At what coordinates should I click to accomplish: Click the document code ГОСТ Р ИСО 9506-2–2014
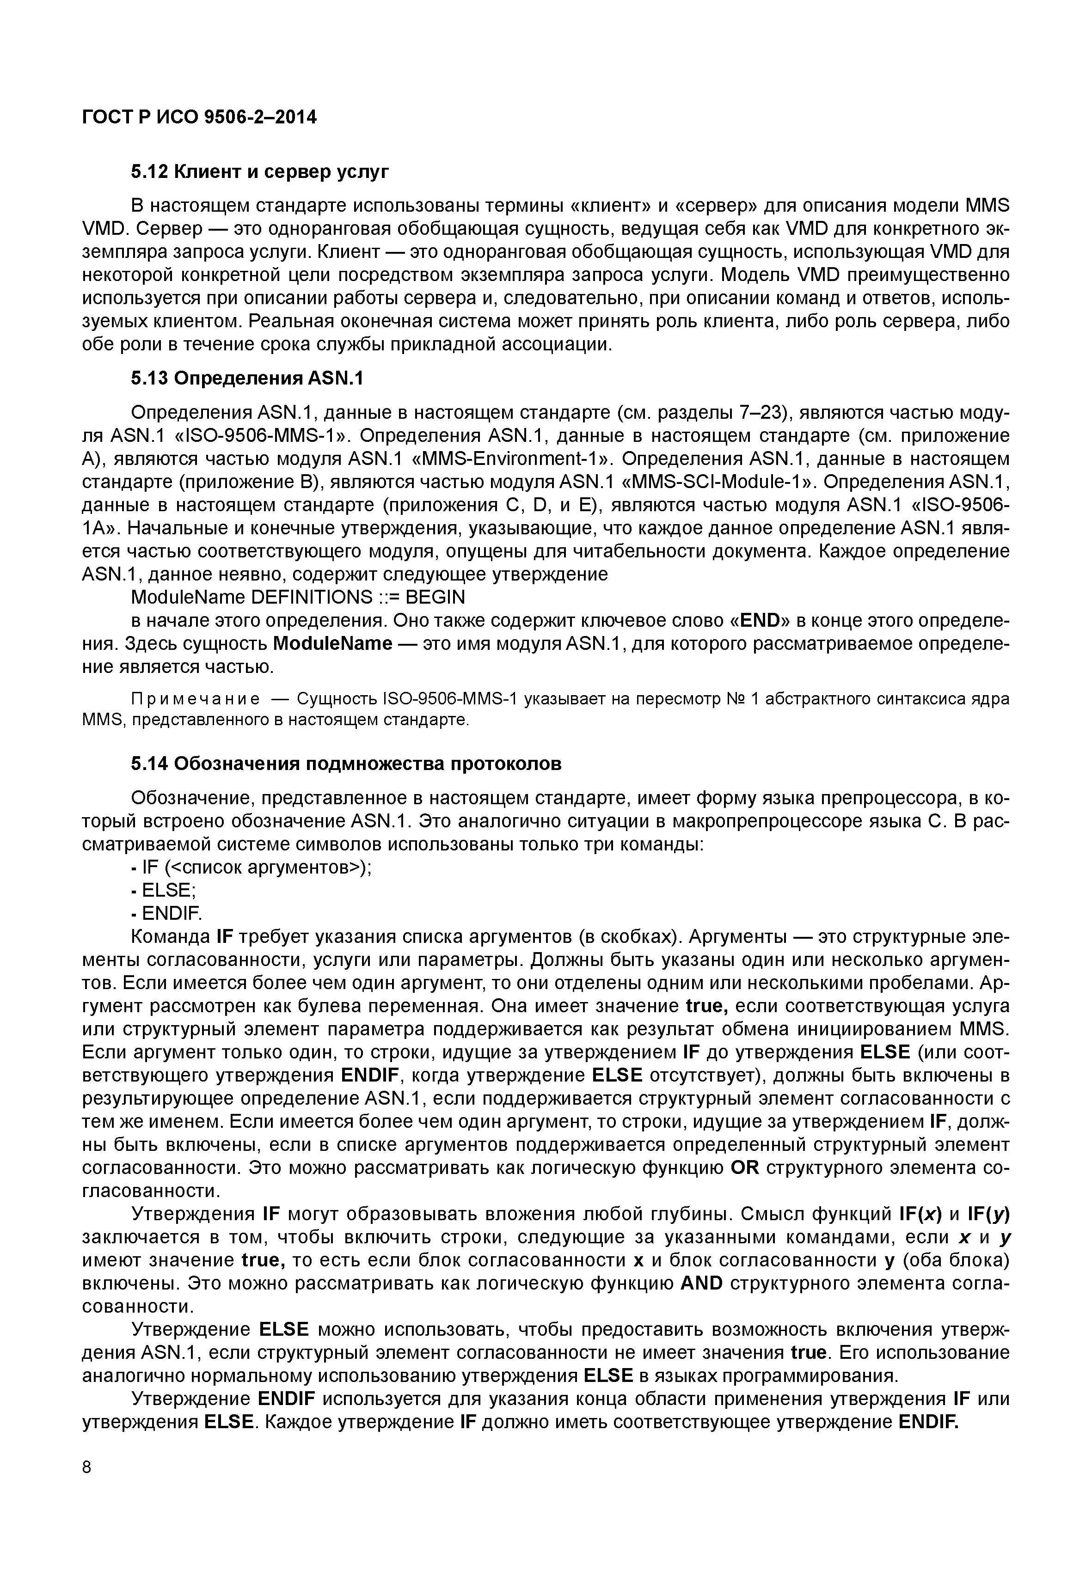pos(199,118)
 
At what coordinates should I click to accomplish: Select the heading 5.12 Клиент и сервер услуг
pos(259,172)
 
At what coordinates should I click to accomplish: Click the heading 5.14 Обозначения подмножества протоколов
pos(346,764)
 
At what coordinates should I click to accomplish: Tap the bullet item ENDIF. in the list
pos(172,913)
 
